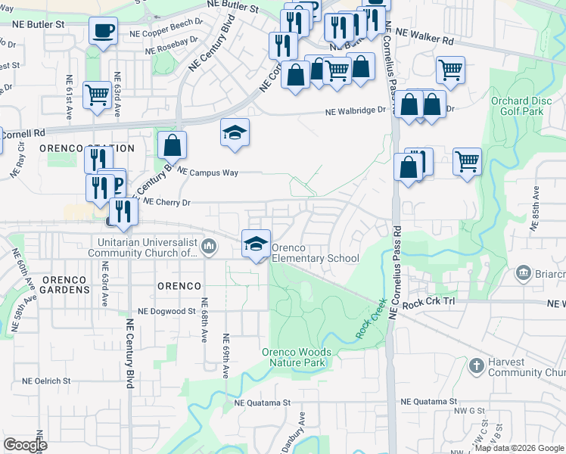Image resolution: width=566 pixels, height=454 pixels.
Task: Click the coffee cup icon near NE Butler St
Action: pyautogui.click(x=103, y=32)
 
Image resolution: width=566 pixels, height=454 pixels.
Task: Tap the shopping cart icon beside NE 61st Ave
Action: pyautogui.click(x=98, y=96)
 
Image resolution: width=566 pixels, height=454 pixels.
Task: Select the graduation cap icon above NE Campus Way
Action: pyautogui.click(x=235, y=132)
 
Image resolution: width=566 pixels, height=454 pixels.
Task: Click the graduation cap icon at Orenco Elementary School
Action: pyautogui.click(x=256, y=244)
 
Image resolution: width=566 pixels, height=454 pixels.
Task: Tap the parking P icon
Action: pyautogui.click(x=117, y=184)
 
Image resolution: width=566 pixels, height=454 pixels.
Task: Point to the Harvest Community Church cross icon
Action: pyautogui.click(x=476, y=366)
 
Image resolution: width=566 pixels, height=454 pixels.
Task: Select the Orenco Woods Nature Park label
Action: pyautogui.click(x=296, y=357)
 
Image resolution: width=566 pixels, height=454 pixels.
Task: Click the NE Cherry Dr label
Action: pyautogui.click(x=166, y=202)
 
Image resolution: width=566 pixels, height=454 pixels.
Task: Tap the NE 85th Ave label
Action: pyautogui.click(x=536, y=207)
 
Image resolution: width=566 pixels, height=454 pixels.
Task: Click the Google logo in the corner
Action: pyautogui.click(x=26, y=445)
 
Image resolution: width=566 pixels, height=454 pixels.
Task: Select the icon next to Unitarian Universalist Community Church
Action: pyautogui.click(x=209, y=245)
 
